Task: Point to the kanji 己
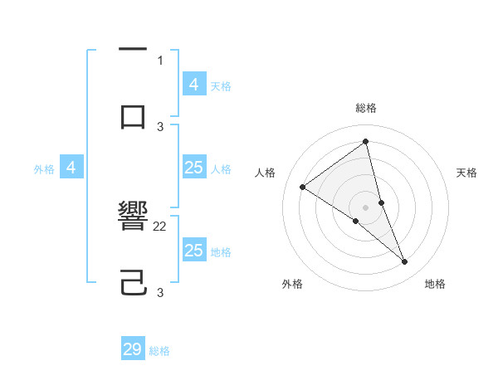[x=133, y=282]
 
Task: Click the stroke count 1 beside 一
[x=160, y=60]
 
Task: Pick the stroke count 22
[x=160, y=226]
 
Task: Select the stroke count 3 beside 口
[x=160, y=126]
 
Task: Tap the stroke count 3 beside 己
[x=160, y=292]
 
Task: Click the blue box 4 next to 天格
[x=193, y=85]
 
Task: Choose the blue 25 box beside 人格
[x=193, y=168]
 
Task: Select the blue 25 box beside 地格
[x=193, y=251]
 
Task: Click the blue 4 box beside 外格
[x=71, y=168]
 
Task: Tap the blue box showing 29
[x=133, y=349]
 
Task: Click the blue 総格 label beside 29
[x=159, y=351]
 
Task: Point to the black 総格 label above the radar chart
[x=366, y=108]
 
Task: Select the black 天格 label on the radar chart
[x=467, y=173]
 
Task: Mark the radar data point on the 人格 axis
[x=303, y=187]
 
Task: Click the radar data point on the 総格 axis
[x=366, y=142]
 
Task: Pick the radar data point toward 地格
[x=405, y=262]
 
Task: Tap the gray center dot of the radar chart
[x=366, y=207]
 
